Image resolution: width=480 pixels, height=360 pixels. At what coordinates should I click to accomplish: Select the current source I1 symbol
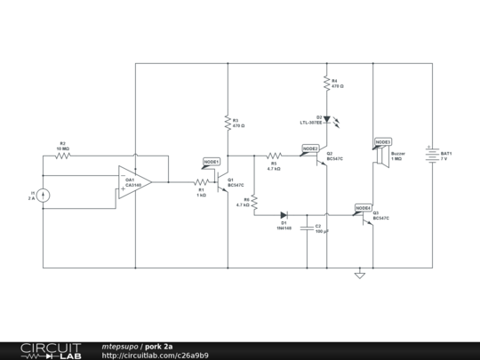(44, 196)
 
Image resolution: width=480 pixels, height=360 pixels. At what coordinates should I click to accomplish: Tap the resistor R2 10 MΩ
(62, 156)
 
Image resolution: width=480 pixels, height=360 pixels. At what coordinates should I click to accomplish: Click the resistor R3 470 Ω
(228, 122)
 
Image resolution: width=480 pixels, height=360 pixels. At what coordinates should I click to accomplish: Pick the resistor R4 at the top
(326, 84)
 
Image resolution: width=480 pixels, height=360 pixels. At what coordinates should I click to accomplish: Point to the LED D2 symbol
(326, 118)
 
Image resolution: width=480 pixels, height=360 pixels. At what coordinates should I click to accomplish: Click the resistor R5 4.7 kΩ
(273, 156)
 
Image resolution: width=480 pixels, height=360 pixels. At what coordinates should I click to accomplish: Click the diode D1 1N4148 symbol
(284, 214)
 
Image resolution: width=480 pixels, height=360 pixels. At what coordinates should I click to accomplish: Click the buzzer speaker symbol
(380, 156)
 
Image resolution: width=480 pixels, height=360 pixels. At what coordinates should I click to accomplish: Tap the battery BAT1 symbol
(433, 156)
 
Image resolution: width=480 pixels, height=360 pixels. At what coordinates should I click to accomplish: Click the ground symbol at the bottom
(359, 275)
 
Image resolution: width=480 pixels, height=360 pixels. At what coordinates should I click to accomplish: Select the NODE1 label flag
(212, 163)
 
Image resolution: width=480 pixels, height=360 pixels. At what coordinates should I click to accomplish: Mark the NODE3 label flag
(383, 141)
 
